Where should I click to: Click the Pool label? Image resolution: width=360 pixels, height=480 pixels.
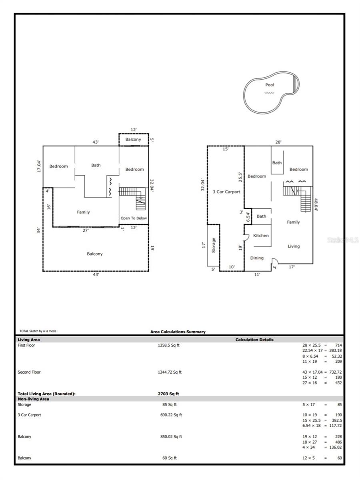point(269,85)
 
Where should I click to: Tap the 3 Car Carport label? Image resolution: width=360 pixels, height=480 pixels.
point(226,192)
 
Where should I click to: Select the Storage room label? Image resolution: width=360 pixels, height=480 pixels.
point(214,245)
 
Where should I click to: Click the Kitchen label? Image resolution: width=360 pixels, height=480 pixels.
point(261,236)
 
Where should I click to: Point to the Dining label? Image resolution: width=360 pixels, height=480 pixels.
point(257,258)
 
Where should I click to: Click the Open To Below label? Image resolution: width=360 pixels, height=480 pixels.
point(134,218)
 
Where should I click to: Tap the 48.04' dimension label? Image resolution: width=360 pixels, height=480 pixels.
point(316,205)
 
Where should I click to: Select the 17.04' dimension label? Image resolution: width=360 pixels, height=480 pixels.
point(39,166)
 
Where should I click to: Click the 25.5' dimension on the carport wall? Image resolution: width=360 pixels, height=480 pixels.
point(240,177)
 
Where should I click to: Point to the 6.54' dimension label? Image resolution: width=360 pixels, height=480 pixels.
point(248,216)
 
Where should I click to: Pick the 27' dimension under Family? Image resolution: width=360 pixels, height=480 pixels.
point(86,230)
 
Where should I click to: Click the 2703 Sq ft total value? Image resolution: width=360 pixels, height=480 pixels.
point(168,394)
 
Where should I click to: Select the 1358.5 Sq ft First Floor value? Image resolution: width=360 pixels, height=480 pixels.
point(168,345)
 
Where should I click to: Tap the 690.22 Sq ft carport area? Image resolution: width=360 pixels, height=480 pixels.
point(171,415)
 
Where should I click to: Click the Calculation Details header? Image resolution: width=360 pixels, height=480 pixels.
point(254,340)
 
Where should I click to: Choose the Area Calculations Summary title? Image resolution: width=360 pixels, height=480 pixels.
point(178,332)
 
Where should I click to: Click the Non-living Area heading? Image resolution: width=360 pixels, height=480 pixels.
point(33,399)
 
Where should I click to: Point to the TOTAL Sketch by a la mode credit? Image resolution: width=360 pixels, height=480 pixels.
point(38,331)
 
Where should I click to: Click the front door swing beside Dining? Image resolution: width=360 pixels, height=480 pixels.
point(275,261)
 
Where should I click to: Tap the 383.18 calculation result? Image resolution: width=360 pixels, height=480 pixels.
point(335,350)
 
